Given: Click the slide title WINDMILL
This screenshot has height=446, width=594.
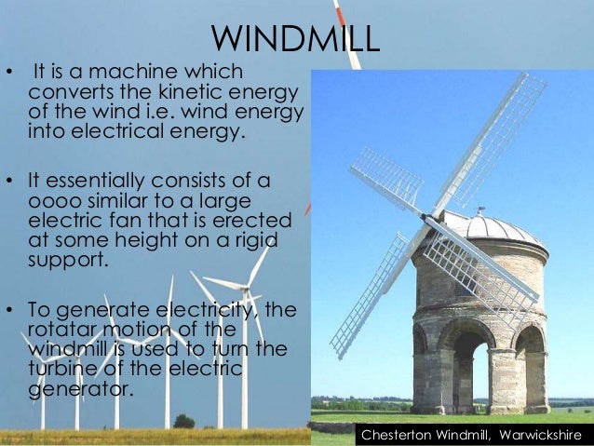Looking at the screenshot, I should click(296, 39).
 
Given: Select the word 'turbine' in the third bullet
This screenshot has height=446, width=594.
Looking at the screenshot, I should click(62, 369).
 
